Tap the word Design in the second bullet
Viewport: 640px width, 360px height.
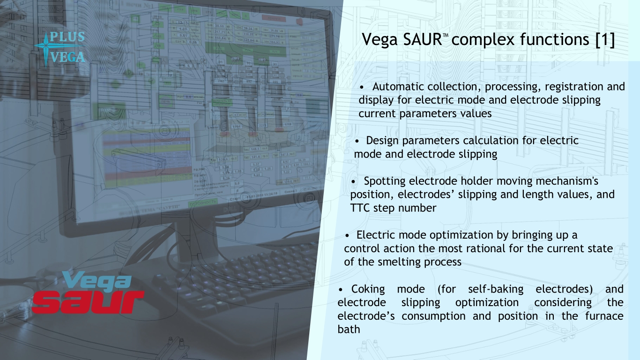(381, 141)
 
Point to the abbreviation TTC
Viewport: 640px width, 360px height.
(360, 208)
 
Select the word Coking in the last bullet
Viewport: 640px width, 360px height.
(367, 289)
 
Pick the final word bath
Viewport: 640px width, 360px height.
(349, 329)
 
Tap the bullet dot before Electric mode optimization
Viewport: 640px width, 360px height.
(348, 235)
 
